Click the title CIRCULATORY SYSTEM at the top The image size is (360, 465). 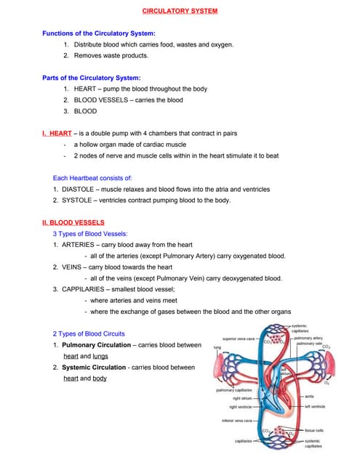pyautogui.click(x=179, y=12)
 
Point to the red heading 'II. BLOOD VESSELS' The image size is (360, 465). pyautogui.click(x=73, y=222)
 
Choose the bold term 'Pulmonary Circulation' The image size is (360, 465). pyautogui.click(x=98, y=344)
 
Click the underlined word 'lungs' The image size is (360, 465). pyautogui.click(x=98, y=356)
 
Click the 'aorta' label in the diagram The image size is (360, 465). pyautogui.click(x=309, y=396)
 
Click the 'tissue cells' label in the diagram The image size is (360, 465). pyautogui.click(x=315, y=429)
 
